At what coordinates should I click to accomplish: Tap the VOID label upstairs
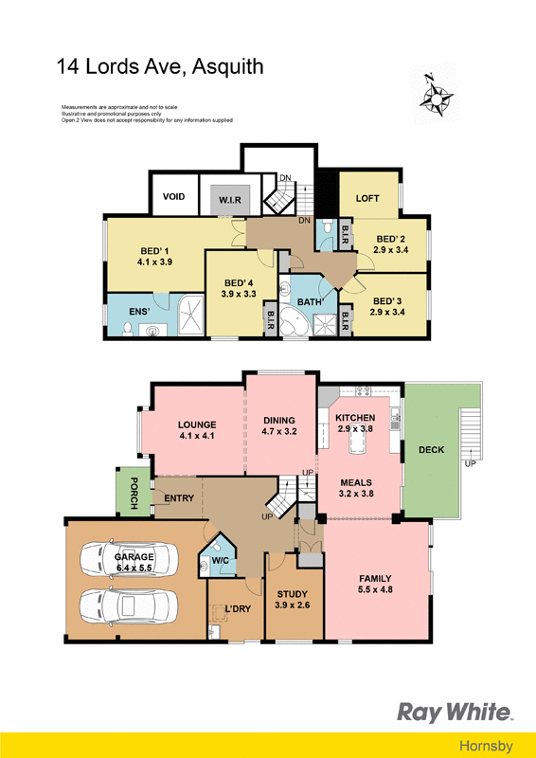point(173,197)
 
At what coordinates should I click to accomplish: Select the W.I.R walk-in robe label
point(229,200)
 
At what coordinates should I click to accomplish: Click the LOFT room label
point(367,198)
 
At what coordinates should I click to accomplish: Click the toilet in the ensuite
point(128,329)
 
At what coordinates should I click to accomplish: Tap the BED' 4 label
point(239,283)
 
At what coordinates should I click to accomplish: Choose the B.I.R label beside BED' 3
point(345,320)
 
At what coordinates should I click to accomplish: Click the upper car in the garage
point(129,558)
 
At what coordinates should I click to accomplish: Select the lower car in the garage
point(129,605)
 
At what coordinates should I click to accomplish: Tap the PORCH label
point(134,493)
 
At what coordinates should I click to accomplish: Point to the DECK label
point(431,449)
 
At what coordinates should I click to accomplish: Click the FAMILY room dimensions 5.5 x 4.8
point(375,589)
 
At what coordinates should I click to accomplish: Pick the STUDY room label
point(292,594)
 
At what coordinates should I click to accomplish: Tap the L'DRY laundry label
point(238,608)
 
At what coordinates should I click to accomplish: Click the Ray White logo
point(456,713)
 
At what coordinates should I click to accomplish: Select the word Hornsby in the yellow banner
point(486,746)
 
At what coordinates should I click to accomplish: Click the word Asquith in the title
point(227,66)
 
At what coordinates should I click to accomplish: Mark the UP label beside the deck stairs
point(470,463)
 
